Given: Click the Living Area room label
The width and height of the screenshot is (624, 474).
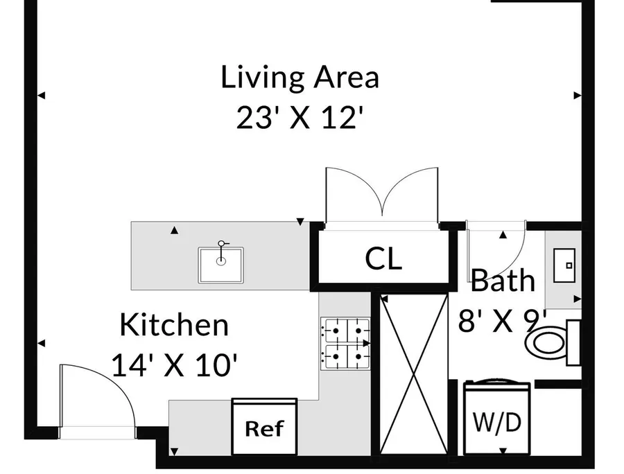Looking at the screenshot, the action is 300,78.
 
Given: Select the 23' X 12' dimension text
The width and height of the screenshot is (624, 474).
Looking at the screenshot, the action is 300,118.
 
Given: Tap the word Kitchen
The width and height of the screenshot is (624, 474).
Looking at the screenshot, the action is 174,325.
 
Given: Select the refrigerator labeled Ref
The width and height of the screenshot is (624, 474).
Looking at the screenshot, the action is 264,427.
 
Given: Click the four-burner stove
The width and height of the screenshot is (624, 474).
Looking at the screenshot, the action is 345,344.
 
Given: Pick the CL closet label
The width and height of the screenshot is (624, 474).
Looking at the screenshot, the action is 383,259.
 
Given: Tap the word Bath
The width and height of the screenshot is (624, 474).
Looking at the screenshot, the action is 503,281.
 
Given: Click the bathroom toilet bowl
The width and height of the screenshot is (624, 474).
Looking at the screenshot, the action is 546,342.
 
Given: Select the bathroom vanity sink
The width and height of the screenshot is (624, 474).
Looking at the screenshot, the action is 564,265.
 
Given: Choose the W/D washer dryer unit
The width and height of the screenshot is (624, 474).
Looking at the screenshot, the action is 496,418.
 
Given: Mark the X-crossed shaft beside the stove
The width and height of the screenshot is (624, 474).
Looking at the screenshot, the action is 414,374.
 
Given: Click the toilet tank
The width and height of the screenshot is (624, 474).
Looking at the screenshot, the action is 573,342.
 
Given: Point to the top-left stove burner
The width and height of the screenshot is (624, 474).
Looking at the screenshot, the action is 335,331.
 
